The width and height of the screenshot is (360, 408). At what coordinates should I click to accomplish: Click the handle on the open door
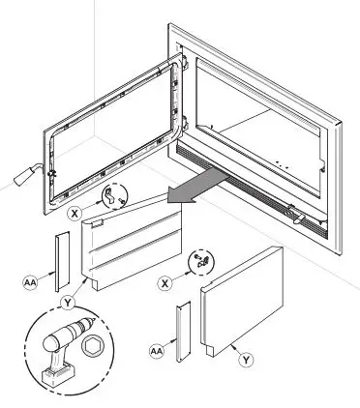23,175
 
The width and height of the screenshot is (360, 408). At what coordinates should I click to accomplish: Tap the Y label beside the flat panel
248,359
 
